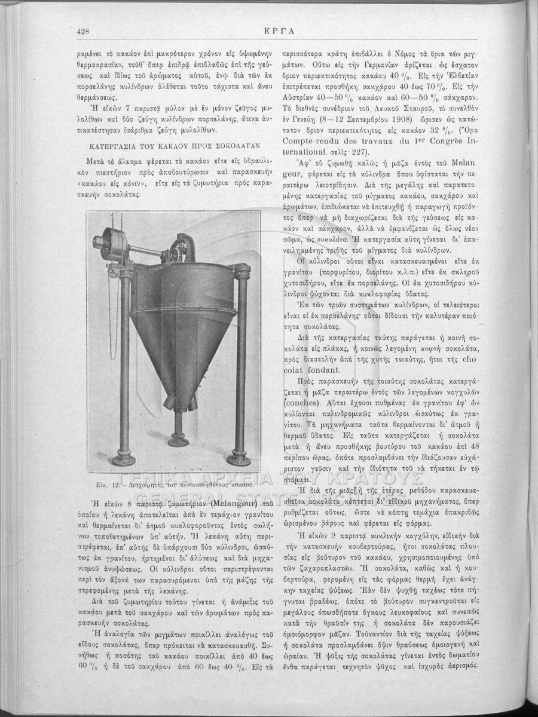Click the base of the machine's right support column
pyautogui.click(x=243, y=457)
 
